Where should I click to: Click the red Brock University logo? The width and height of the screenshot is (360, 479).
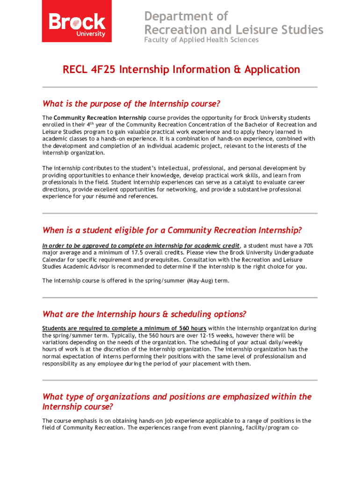pos(77,21)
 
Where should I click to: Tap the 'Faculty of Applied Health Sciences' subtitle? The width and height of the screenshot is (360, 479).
pos(201,40)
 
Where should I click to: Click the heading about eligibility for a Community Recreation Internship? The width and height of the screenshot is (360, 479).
pos(172,230)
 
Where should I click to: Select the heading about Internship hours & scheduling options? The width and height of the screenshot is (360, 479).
pos(144,314)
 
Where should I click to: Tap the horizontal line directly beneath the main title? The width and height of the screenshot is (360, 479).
pos(180,87)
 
